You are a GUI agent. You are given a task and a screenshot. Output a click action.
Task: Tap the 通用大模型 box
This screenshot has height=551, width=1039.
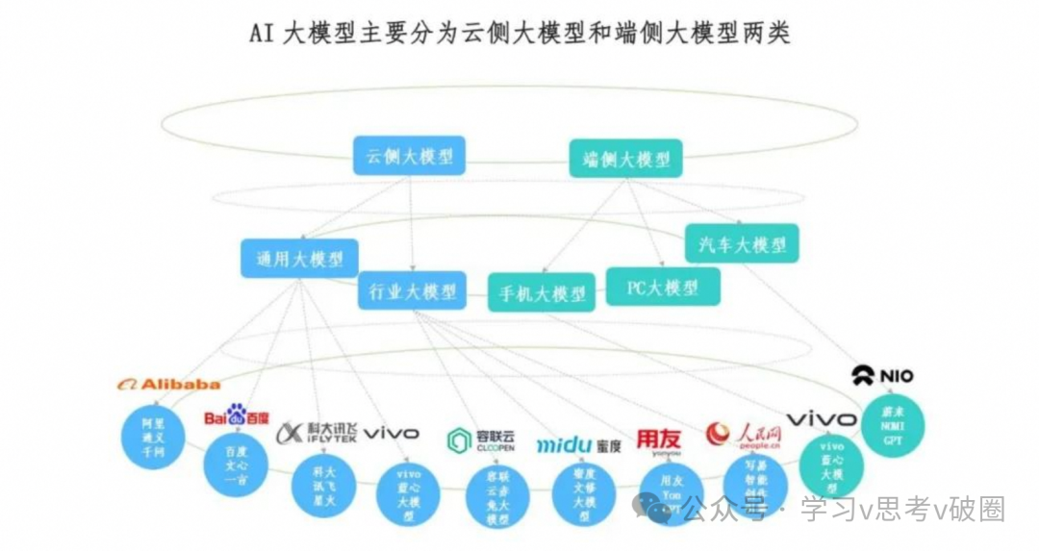pyautogui.click(x=298, y=259)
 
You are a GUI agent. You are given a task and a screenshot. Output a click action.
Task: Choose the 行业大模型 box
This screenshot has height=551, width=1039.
pyautogui.click(x=412, y=290)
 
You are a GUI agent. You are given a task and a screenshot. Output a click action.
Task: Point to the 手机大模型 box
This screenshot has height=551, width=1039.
pyautogui.click(x=542, y=292)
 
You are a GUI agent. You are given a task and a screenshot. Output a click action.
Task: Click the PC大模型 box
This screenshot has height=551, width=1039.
pyautogui.click(x=662, y=287)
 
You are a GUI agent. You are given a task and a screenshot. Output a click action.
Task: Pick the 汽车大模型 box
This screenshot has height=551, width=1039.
pyautogui.click(x=742, y=244)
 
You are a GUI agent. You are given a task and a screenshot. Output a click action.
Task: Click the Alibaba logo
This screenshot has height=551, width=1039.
pyautogui.click(x=168, y=385)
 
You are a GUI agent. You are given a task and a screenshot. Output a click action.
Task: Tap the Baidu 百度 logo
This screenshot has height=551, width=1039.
pyautogui.click(x=237, y=416)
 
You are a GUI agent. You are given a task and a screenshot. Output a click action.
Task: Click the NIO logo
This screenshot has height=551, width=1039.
pyautogui.click(x=882, y=376)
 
